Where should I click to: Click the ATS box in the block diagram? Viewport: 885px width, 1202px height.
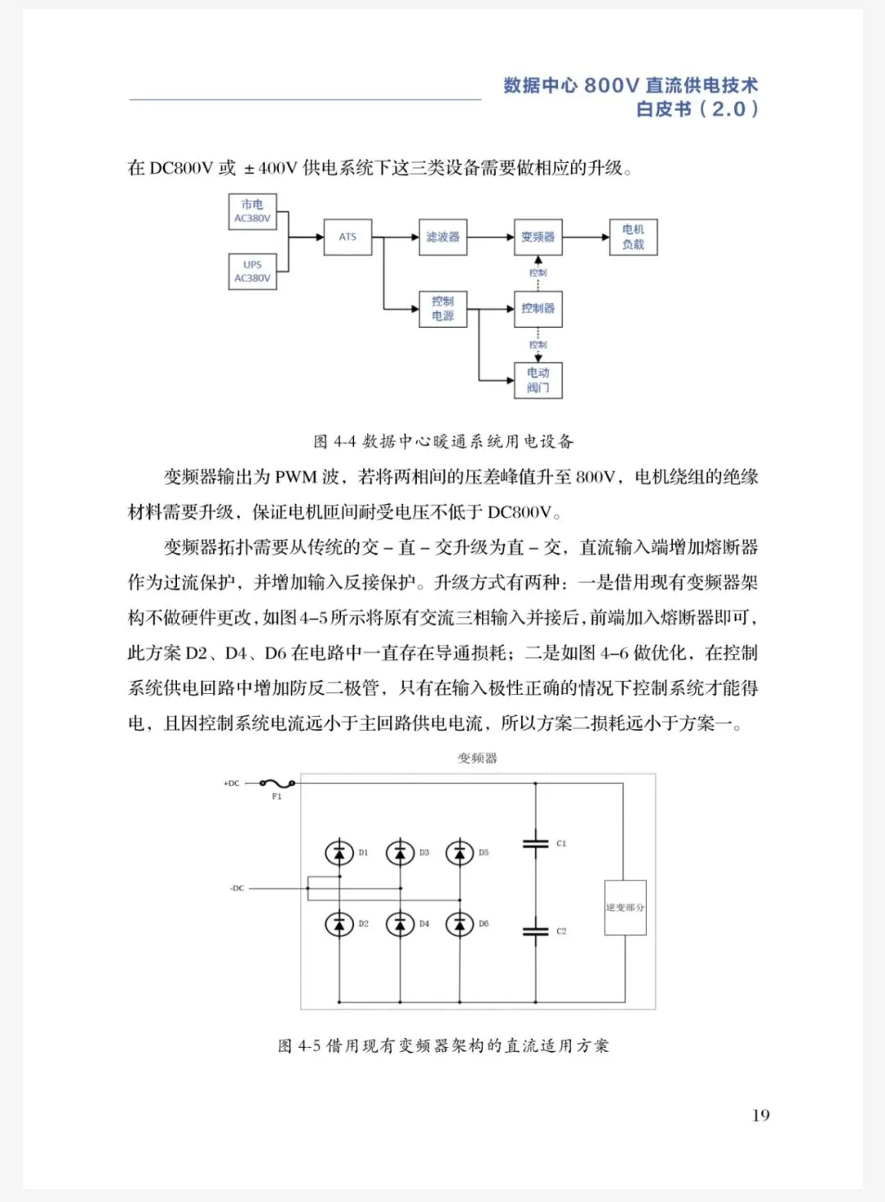tap(347, 237)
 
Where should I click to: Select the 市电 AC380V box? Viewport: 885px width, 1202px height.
tap(252, 211)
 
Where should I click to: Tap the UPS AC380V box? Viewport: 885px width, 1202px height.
tap(252, 271)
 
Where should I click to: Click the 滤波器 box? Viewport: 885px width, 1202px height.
tap(442, 237)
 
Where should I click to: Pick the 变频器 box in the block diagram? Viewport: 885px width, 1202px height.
tap(538, 237)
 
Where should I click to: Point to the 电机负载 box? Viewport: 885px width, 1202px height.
tap(633, 237)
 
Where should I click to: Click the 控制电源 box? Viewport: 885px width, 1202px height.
tap(442, 309)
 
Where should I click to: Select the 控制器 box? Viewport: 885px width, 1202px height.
tap(538, 309)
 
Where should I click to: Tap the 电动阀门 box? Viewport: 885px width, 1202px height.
tap(538, 380)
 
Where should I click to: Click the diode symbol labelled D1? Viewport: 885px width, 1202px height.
tap(339, 853)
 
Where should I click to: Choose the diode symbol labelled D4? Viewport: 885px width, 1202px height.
tap(400, 924)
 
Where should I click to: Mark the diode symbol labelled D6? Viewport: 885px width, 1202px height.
tap(460, 924)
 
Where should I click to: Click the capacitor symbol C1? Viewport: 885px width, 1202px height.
tap(535, 843)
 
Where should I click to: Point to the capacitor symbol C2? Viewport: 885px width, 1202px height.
tap(535, 931)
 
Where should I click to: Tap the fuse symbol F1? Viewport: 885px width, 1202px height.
tap(276, 784)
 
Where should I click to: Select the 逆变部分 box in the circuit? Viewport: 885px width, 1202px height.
tap(625, 907)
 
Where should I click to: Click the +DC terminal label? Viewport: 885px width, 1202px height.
tap(232, 784)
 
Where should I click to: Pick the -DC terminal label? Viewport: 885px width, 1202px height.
tap(237, 888)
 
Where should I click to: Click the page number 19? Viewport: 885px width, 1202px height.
tap(760, 1115)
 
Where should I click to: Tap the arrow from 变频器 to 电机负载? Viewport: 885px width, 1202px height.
tap(585, 237)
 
